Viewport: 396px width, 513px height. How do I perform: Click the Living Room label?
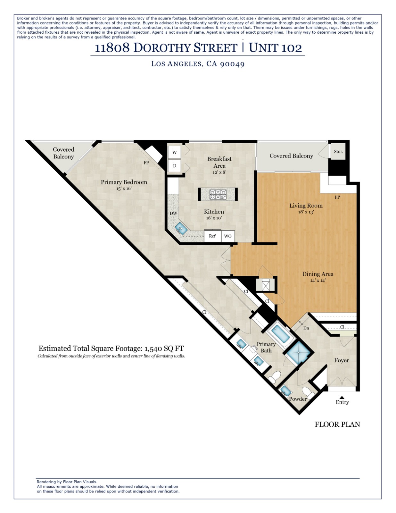tap(306, 206)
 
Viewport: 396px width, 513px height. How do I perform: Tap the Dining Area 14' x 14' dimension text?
tap(318, 281)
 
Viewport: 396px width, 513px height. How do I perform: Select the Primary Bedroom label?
tap(124, 182)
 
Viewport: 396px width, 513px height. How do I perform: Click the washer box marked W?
tap(175, 152)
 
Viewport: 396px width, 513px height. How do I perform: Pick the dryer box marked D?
tap(175, 166)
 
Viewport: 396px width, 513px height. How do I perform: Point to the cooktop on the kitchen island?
tap(218, 194)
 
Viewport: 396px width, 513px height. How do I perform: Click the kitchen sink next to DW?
tap(181, 229)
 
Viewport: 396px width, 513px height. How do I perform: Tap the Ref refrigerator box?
tap(212, 236)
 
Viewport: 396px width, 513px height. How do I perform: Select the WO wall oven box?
tap(228, 236)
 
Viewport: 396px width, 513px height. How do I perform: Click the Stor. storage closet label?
tap(338, 151)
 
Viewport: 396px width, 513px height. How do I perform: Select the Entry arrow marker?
tap(342, 397)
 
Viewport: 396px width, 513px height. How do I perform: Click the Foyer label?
tap(342, 360)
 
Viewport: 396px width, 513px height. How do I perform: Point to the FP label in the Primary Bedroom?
tap(146, 163)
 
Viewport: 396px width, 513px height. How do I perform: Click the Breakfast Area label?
tap(219, 162)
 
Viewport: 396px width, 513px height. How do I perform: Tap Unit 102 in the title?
tap(275, 48)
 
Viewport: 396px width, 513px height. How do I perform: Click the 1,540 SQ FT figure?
tap(164, 349)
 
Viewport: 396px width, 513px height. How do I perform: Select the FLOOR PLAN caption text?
tap(337, 425)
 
